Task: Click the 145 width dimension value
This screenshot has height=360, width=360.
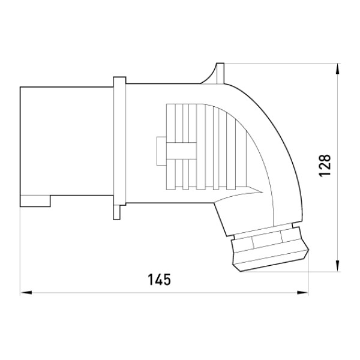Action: [x=159, y=280]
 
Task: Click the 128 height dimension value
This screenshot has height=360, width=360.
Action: [x=325, y=166]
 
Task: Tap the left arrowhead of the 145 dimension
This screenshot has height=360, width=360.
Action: [x=26, y=293]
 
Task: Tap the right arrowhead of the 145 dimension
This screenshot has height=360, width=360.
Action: [x=302, y=293]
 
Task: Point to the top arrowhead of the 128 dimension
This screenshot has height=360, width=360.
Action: [x=337, y=68]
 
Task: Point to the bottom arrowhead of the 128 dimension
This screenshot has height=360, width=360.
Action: [x=337, y=266]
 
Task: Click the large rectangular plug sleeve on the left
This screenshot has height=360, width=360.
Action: [x=67, y=147]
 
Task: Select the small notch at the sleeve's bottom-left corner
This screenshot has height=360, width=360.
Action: [x=35, y=201]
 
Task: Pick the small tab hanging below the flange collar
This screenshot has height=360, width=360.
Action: [x=116, y=212]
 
